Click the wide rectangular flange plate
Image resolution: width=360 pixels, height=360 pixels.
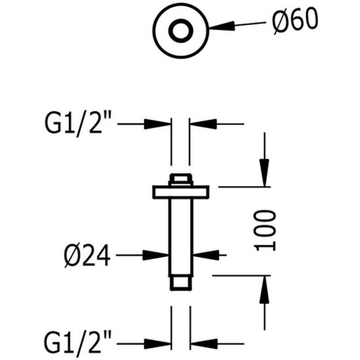click(x=180, y=191)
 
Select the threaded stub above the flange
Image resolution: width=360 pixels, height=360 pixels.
click(x=180, y=179)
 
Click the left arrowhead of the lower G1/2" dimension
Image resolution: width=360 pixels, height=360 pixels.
click(x=158, y=342)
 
